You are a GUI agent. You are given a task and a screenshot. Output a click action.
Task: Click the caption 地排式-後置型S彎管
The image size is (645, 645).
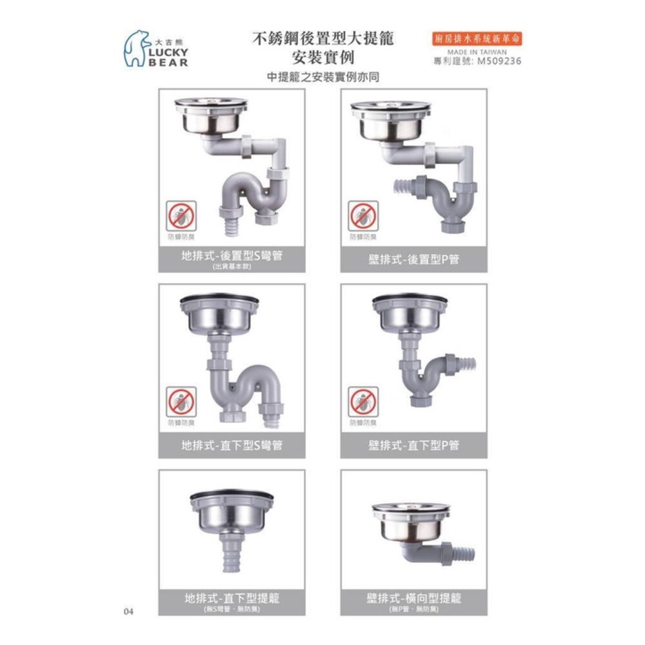(x=232, y=255)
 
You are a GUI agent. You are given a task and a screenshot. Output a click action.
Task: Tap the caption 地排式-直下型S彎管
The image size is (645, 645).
(x=232, y=445)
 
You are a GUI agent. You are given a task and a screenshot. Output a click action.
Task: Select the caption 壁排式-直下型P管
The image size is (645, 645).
(x=413, y=445)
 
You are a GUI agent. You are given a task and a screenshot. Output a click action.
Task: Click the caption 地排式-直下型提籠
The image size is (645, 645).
(x=232, y=598)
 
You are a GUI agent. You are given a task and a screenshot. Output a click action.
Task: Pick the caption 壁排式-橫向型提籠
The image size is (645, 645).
(x=413, y=598)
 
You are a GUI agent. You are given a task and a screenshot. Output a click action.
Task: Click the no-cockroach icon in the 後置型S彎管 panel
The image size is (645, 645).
(x=182, y=216)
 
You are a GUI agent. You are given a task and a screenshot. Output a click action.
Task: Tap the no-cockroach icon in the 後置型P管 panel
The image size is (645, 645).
(x=364, y=216)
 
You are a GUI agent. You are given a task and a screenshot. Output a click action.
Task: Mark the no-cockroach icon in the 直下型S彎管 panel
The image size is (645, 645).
(x=182, y=402)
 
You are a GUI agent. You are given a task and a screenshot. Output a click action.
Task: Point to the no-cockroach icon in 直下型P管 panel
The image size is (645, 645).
(x=364, y=402)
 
